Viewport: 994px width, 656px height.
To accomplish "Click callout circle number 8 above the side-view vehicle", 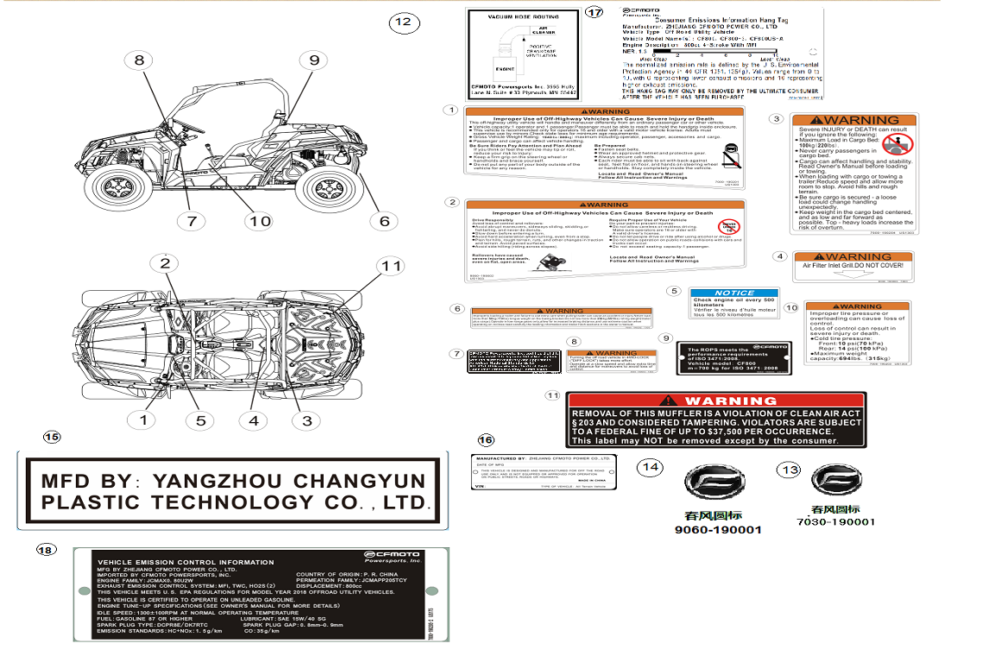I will (x=140, y=60).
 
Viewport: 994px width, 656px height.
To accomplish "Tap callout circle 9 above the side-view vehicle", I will (x=314, y=60).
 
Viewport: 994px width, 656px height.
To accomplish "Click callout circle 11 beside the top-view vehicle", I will (x=392, y=266).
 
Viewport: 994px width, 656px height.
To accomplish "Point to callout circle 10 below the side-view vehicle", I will (x=260, y=221).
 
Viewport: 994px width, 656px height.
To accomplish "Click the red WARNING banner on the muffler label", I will (x=716, y=401).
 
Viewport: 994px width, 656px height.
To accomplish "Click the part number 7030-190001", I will (x=836, y=521).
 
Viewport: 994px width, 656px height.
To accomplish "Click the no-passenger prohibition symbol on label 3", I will (x=898, y=142).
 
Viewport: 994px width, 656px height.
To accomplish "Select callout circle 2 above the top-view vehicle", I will (x=166, y=263).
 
